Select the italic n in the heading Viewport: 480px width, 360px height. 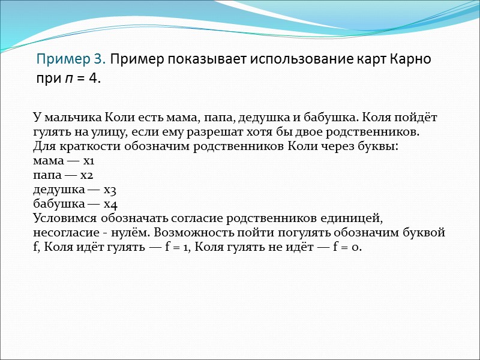pyautogui.click(x=67, y=78)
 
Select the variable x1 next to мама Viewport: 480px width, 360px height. pyautogui.click(x=89, y=161)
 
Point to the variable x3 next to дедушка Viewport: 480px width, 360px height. pyautogui.click(x=109, y=190)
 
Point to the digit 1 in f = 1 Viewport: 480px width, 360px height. pyautogui.click(x=186, y=247)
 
